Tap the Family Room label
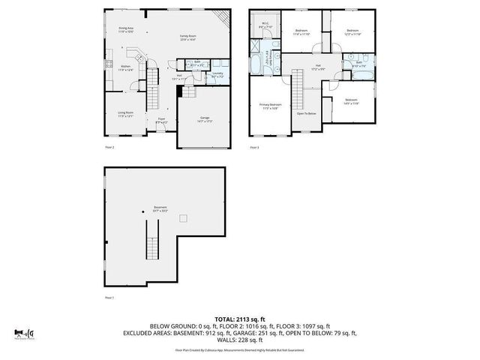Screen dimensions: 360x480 187,37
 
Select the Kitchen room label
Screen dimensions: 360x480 126,68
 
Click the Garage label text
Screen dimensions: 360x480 204,118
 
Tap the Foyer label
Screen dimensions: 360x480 160,120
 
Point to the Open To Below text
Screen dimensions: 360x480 306,113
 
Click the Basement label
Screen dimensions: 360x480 160,208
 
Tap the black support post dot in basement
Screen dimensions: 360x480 141,211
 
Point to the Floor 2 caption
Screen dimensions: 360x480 109,148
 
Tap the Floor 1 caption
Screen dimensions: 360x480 109,298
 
